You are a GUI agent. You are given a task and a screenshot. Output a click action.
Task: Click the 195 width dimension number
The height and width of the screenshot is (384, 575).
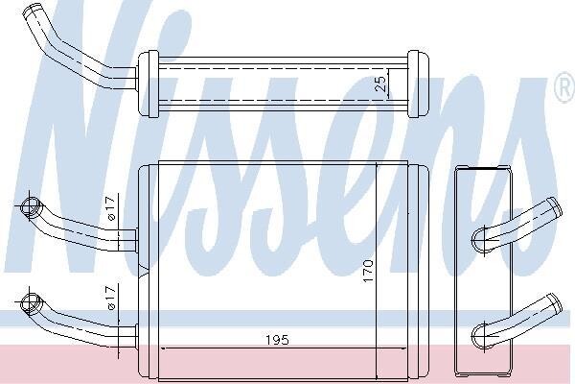tap(277, 340)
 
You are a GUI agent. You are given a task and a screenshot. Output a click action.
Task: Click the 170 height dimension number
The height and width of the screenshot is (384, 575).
tap(368, 271)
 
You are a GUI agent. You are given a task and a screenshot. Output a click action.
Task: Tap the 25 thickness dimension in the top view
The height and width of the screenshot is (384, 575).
tap(380, 84)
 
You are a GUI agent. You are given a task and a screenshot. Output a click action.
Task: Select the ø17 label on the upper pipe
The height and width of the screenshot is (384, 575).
tap(111, 208)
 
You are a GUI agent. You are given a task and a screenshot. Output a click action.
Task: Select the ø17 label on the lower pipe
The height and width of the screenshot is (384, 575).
tap(111, 298)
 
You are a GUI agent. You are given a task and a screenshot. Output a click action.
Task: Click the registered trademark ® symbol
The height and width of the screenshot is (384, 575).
tap(565, 87)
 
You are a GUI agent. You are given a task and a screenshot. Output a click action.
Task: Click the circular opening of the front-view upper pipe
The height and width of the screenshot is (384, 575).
tap(30, 206)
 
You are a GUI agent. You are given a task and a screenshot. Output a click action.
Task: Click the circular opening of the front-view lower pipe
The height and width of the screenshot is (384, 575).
tap(30, 303)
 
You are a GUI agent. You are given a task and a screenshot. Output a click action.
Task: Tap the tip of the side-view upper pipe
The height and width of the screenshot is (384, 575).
tap(554, 206)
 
